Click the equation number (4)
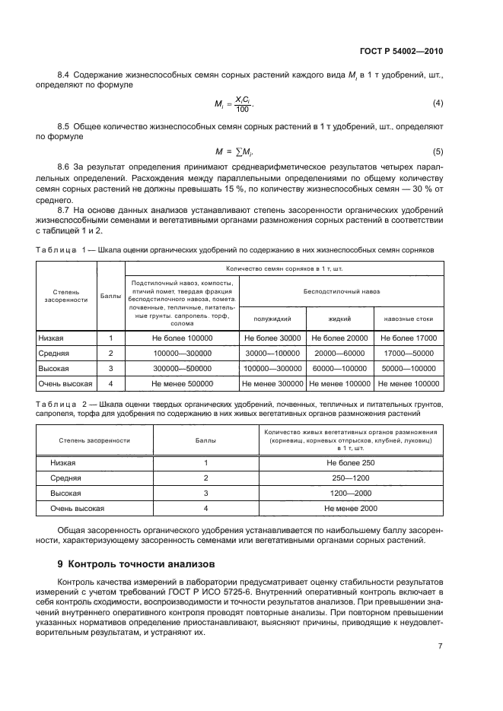click(438, 103)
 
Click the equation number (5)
click(438, 151)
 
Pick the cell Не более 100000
click(183, 338)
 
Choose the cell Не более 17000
click(409, 338)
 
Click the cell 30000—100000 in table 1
click(272, 354)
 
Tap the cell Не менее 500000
click(183, 384)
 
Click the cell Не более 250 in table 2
click(351, 462)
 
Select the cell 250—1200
click(351, 478)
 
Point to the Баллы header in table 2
click(205, 440)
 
